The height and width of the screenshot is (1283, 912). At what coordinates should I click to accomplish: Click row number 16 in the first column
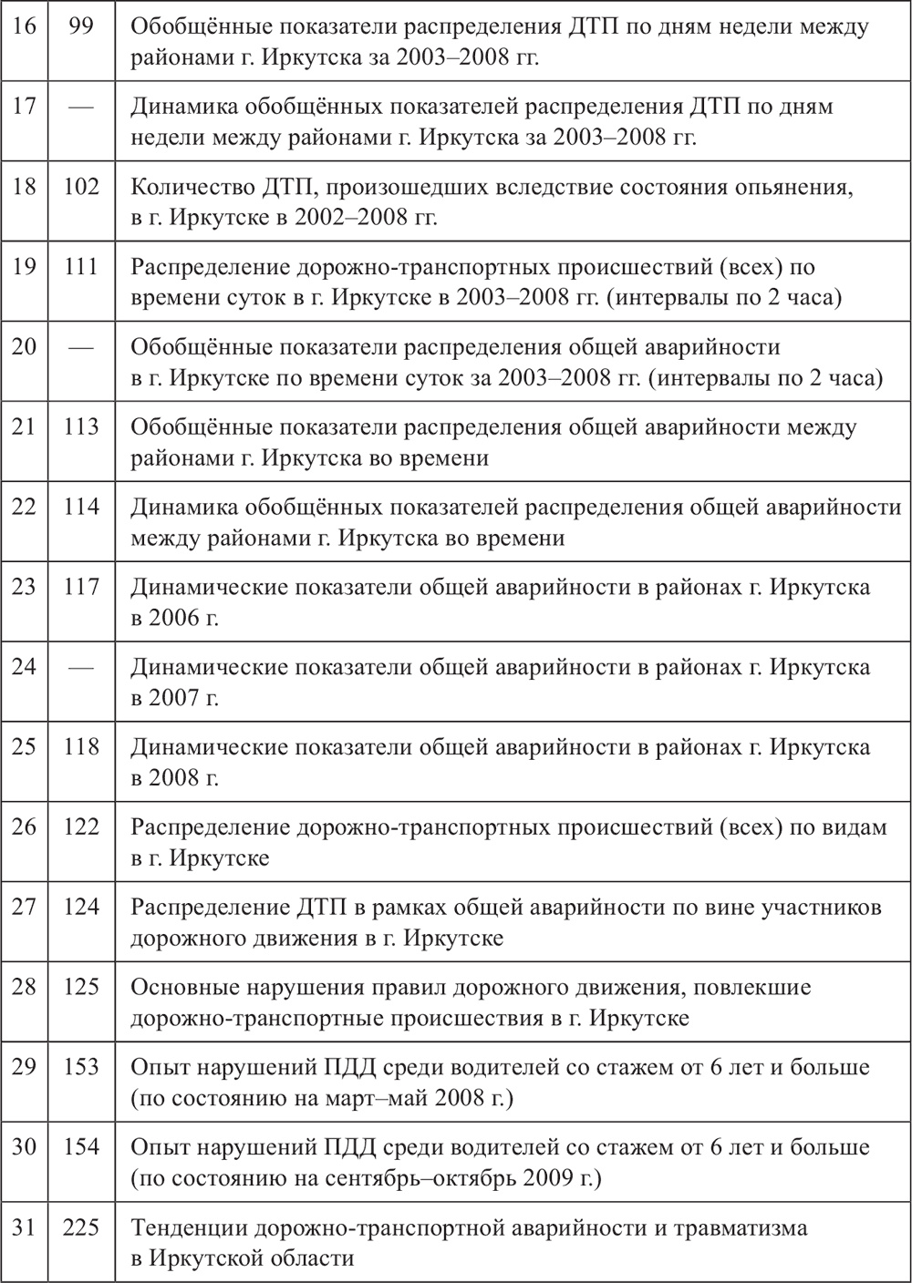point(25,26)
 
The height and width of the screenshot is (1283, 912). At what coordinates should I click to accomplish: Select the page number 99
point(81,26)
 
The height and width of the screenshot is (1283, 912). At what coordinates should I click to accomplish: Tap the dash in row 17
point(81,107)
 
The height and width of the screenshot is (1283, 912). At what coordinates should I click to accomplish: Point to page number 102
point(81,187)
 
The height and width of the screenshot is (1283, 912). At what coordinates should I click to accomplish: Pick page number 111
point(81,267)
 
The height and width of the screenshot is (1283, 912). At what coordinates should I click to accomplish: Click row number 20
point(25,347)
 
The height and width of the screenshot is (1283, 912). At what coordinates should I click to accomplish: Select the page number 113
point(81,427)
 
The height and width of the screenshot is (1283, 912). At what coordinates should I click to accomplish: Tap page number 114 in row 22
point(81,507)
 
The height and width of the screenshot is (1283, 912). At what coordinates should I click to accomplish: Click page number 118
point(81,747)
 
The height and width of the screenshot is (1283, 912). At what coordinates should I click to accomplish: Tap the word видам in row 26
point(853,827)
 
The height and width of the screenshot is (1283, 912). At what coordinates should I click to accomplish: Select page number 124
point(81,908)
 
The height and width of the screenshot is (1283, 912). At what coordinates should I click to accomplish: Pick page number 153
point(81,1067)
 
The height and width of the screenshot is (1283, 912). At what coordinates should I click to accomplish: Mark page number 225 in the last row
point(81,1227)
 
